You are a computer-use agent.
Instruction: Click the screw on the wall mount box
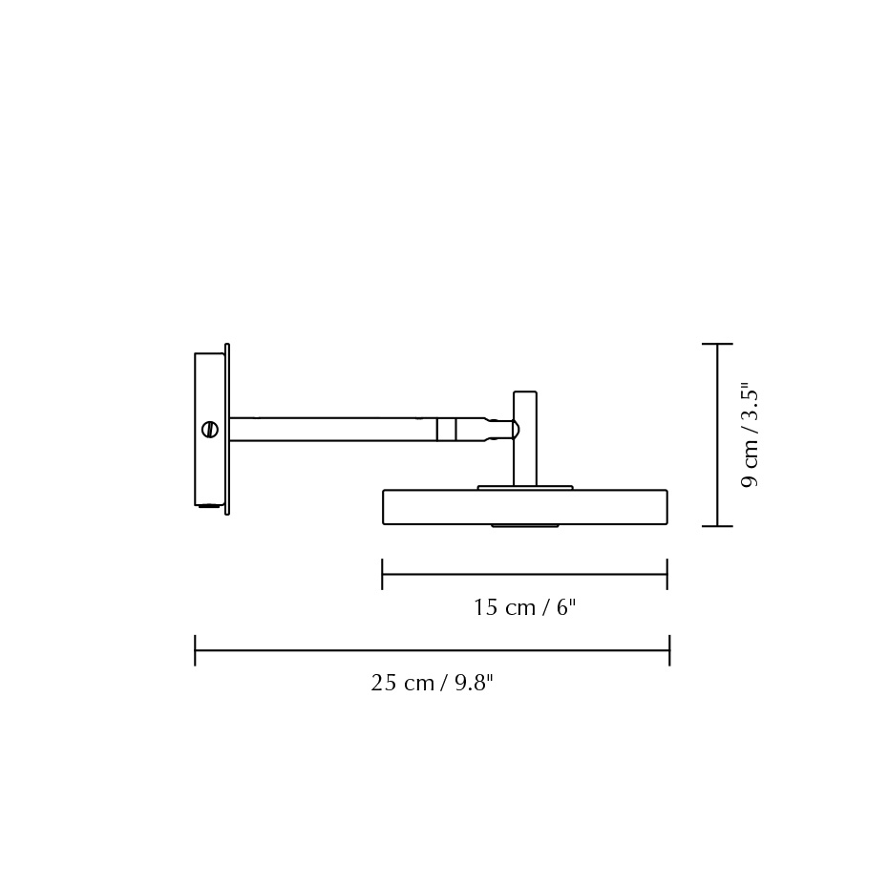click(210, 430)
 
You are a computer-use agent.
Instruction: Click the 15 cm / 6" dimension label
click(524, 608)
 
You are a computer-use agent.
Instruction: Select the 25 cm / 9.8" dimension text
click(432, 684)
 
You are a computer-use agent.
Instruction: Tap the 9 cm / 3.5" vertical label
click(750, 435)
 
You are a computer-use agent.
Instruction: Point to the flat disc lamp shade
click(524, 507)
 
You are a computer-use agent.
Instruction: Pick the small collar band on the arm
click(446, 430)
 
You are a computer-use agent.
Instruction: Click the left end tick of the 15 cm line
click(382, 574)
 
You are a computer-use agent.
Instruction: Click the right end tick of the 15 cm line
click(666, 574)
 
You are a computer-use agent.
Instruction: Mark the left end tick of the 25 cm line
click(195, 650)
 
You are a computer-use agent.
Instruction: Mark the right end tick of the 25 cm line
click(669, 650)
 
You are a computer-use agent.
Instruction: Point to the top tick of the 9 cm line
click(717, 344)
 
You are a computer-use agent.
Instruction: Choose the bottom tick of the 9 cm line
click(717, 526)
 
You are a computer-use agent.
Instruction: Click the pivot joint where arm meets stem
click(512, 430)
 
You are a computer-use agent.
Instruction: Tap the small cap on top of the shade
click(525, 488)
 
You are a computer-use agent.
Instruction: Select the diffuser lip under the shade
click(524, 525)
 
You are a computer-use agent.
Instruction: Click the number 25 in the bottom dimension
click(384, 684)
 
